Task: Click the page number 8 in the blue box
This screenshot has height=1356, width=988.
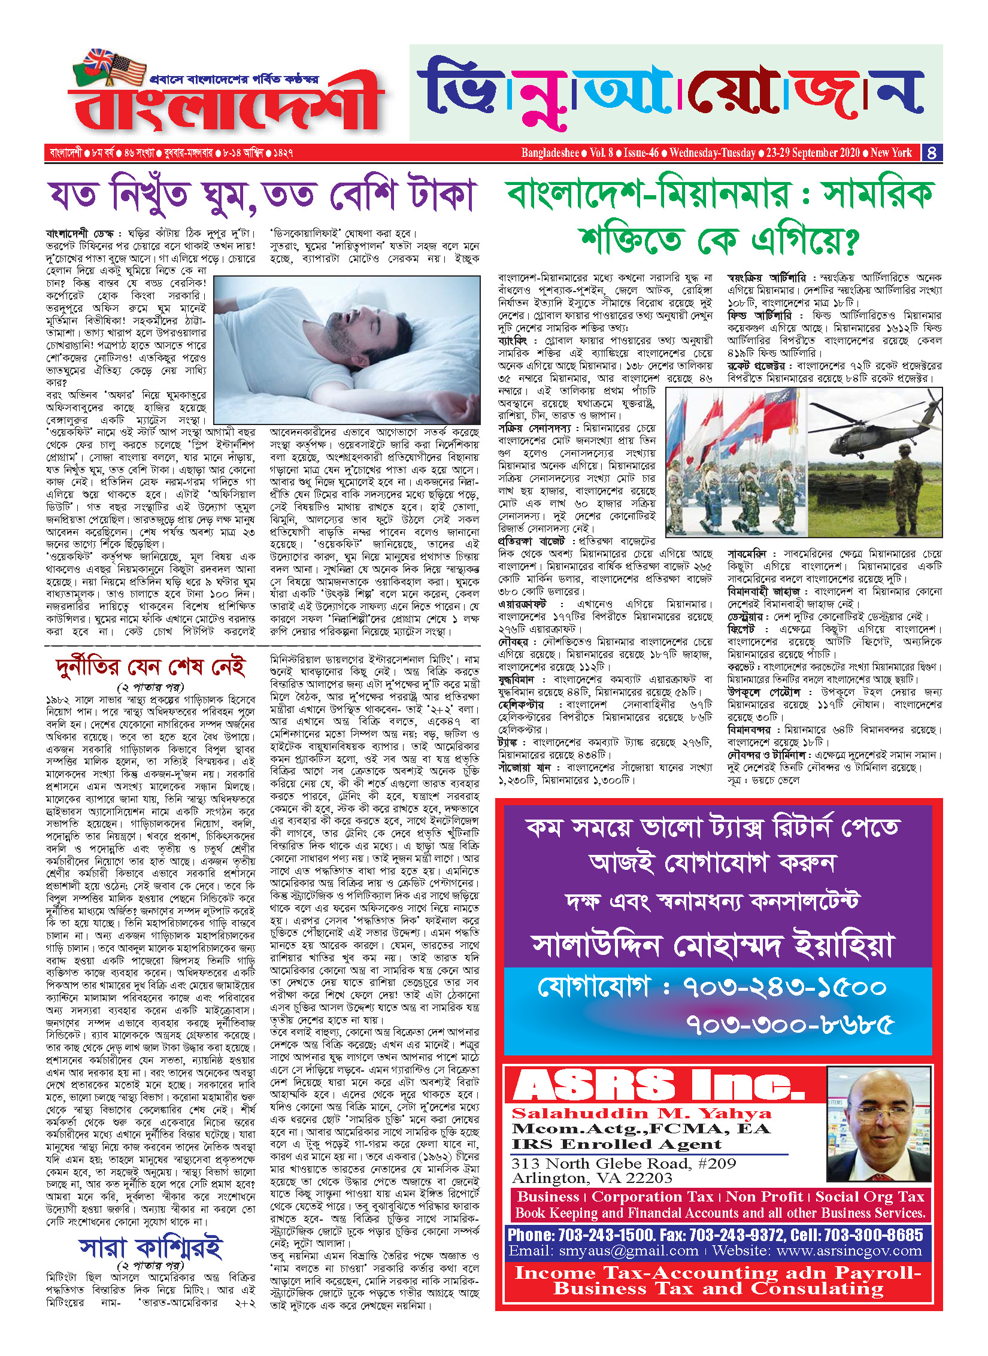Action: pyautogui.click(x=931, y=153)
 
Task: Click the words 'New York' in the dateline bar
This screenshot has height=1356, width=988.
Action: pyautogui.click(x=891, y=153)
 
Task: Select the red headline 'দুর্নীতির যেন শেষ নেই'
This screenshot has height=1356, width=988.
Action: pyautogui.click(x=150, y=666)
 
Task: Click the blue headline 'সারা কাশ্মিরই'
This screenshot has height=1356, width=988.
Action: pyautogui.click(x=150, y=1248)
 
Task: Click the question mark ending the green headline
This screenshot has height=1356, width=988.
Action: pyautogui.click(x=850, y=240)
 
